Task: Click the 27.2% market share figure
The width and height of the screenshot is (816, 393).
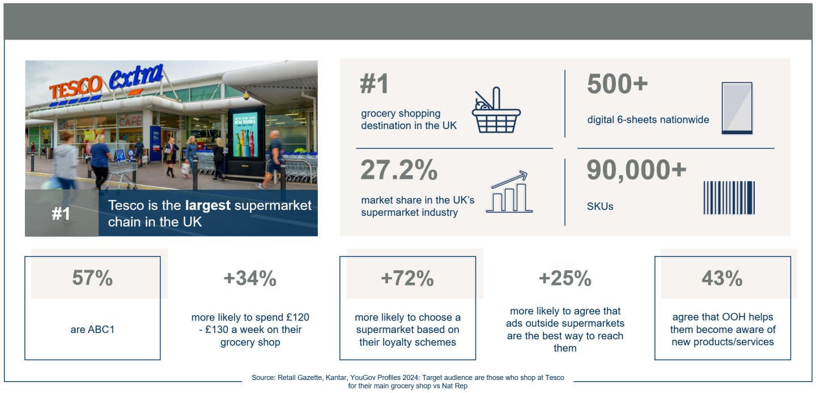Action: tap(399, 170)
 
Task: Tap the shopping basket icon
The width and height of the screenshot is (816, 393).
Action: tap(496, 110)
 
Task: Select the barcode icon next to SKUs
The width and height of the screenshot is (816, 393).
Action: tap(729, 198)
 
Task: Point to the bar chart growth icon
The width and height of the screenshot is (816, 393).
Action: tap(509, 192)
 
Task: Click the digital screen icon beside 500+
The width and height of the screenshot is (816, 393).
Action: tap(737, 108)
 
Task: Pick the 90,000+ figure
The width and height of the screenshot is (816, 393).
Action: tap(636, 170)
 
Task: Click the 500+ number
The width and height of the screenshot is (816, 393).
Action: tap(617, 84)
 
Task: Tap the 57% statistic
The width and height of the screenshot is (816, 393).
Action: tap(92, 278)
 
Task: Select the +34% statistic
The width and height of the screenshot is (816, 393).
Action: tap(250, 278)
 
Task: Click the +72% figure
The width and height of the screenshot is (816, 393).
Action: tap(407, 278)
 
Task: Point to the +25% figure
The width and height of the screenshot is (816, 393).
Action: tap(565, 278)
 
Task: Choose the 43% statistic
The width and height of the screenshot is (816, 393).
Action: tap(722, 278)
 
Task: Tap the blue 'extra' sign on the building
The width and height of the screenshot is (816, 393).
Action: tap(136, 78)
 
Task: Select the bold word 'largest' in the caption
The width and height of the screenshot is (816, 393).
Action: tap(209, 205)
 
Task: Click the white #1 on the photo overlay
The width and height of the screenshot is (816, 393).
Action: tap(61, 214)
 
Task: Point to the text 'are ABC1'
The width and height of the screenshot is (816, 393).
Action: tap(92, 330)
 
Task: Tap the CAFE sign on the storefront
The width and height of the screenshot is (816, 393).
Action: tap(130, 120)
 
